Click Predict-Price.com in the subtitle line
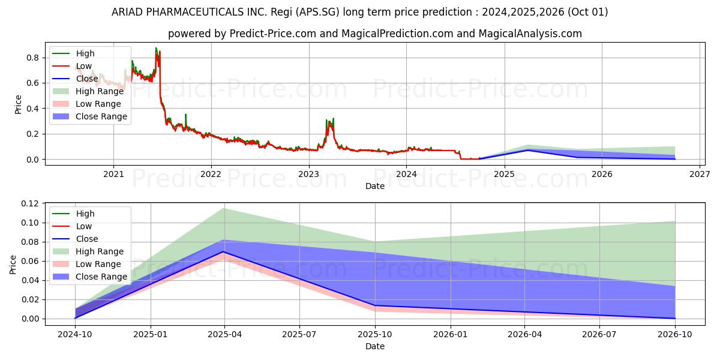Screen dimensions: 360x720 tap(273, 34)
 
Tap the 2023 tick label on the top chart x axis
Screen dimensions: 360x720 tap(308, 174)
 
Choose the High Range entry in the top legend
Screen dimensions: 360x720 tap(99, 91)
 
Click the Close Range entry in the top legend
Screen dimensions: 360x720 tap(101, 116)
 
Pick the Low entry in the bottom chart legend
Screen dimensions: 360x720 tap(83, 226)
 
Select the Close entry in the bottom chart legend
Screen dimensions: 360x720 tap(86, 239)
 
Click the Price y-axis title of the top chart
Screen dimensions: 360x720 tap(17, 104)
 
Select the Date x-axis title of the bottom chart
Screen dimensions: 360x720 tap(374, 346)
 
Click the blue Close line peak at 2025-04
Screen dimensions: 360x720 tap(224, 252)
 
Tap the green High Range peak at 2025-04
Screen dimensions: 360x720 tap(224, 209)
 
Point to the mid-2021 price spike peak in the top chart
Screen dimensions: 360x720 tap(156, 49)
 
